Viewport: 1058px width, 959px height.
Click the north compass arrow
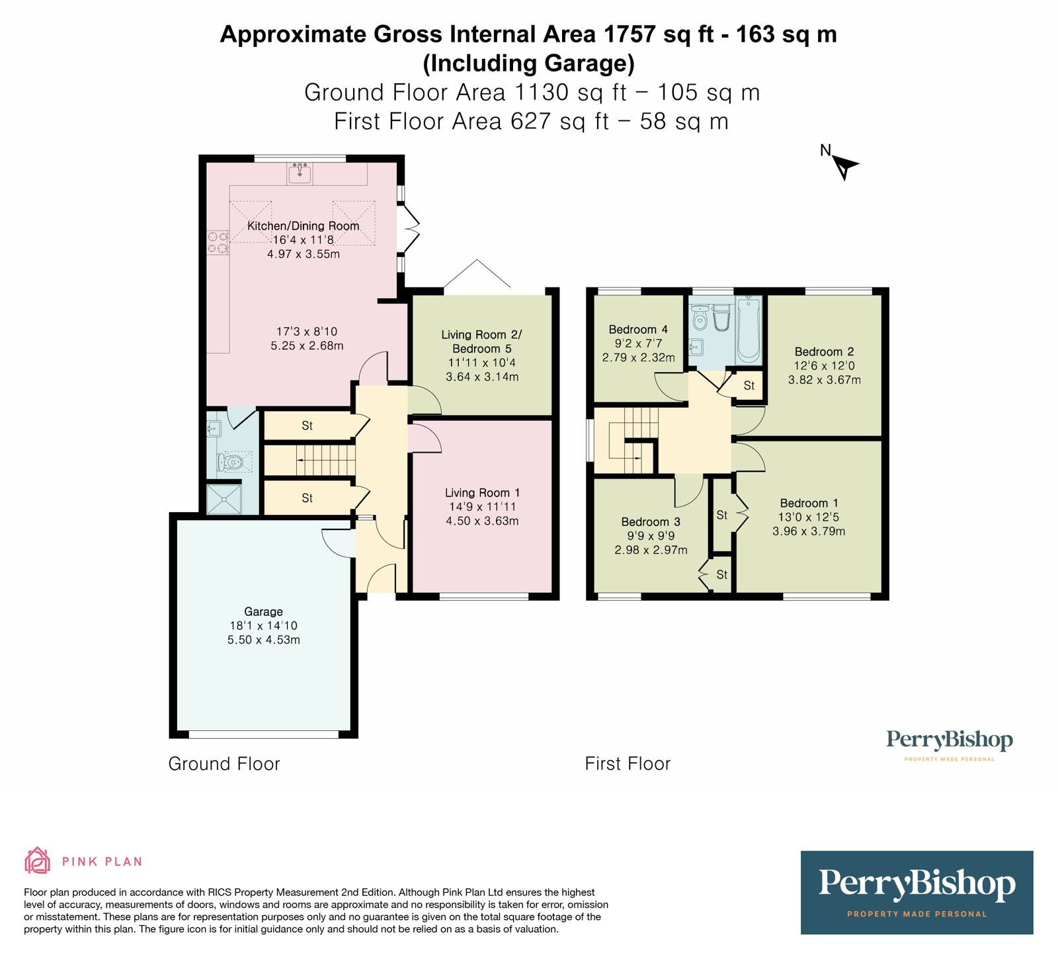point(844,166)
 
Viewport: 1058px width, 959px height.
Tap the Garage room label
point(263,611)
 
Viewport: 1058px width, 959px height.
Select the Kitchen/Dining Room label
point(303,226)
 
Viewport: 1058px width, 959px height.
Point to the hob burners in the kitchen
point(218,243)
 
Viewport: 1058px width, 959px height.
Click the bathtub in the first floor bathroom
point(749,330)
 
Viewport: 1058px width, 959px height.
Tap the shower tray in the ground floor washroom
point(223,500)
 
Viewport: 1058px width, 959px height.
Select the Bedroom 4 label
point(638,329)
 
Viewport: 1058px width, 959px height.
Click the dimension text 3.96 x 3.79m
point(809,531)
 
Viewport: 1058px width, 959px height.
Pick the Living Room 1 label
point(482,492)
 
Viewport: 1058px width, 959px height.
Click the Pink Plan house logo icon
point(37,861)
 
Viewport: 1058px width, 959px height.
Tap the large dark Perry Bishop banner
point(916,892)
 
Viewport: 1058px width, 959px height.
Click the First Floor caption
point(628,764)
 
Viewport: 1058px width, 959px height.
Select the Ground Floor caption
point(224,764)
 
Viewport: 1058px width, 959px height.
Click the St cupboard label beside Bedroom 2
point(749,385)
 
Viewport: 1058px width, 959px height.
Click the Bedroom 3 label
point(651,521)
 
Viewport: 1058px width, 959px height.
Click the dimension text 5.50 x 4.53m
point(263,640)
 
